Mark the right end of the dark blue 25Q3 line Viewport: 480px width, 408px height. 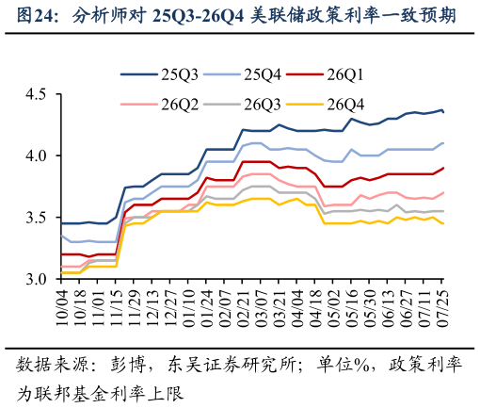coord(443,111)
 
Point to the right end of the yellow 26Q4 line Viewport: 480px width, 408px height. coord(443,223)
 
